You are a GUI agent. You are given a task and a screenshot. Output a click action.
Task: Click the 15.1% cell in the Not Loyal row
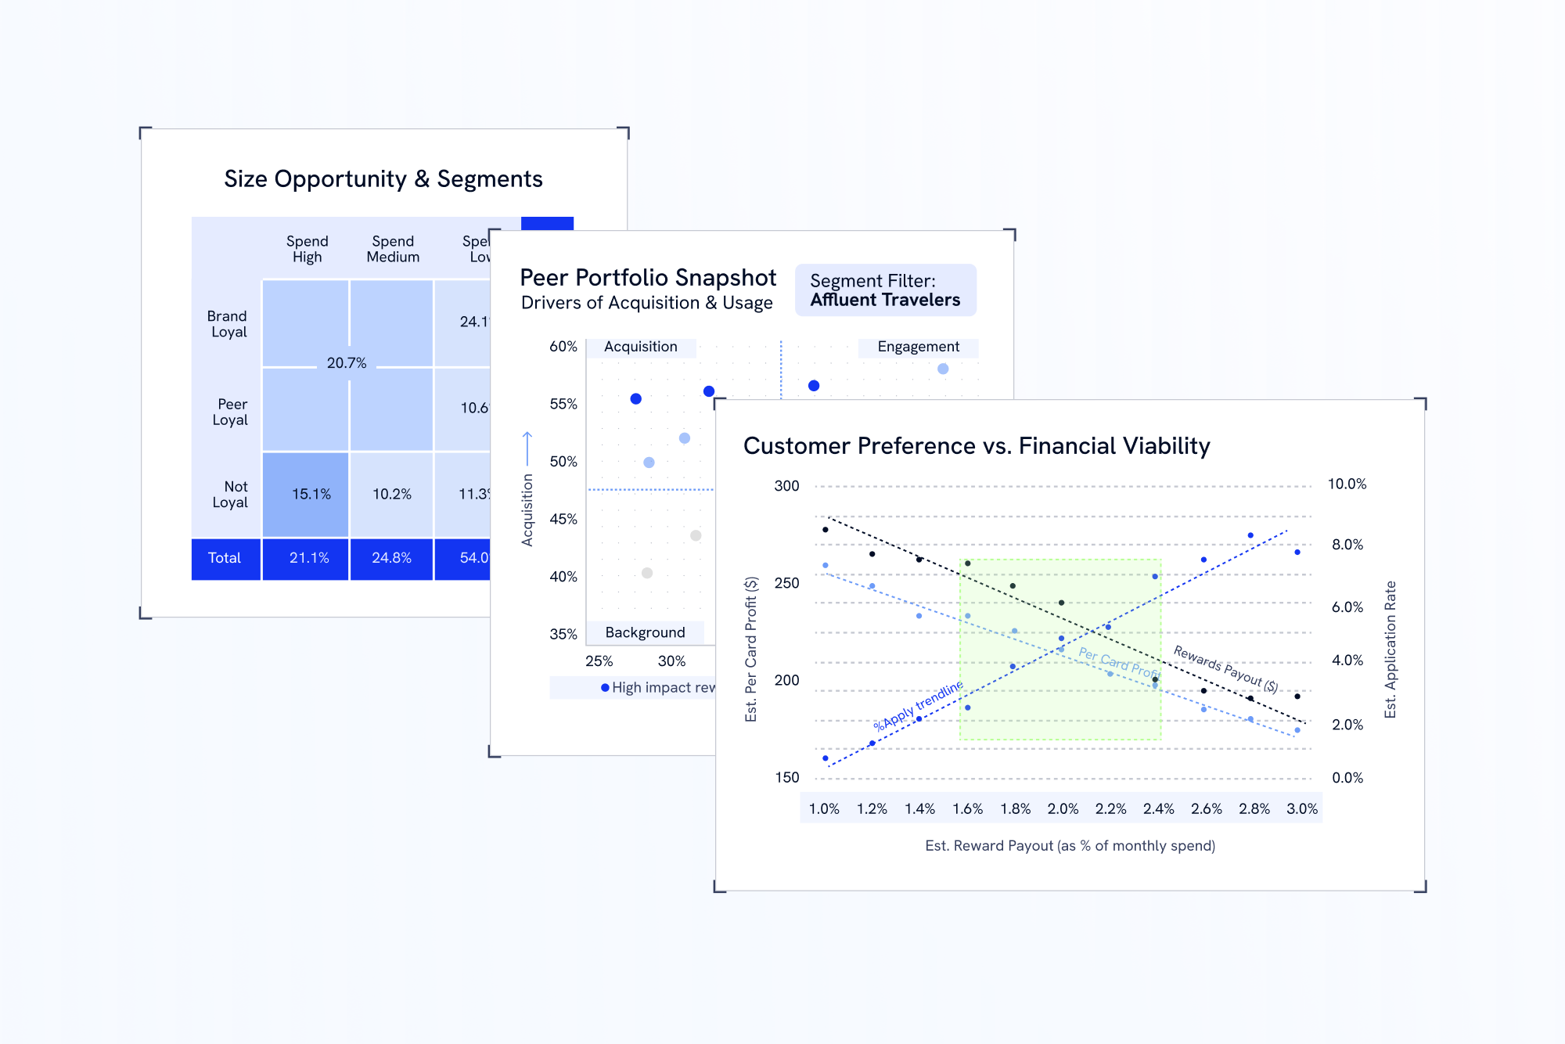click(311, 494)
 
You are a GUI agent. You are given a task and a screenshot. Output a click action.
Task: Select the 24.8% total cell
click(391, 558)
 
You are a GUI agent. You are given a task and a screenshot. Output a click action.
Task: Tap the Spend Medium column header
click(393, 249)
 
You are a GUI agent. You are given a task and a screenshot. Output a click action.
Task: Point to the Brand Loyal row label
click(228, 324)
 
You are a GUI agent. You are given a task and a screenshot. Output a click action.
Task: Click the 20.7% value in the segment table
click(347, 363)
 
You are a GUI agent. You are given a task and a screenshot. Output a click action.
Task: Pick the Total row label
click(225, 558)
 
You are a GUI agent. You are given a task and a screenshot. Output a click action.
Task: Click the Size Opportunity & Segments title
click(383, 179)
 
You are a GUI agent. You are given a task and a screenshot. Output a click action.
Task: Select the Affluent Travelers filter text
click(885, 300)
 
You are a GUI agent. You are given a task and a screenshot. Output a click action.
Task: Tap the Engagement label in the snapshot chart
click(918, 347)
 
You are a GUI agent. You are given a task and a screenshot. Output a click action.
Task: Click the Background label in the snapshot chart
click(645, 632)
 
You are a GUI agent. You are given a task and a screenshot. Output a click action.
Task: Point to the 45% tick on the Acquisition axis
click(563, 519)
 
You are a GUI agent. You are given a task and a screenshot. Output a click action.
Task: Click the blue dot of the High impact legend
click(605, 688)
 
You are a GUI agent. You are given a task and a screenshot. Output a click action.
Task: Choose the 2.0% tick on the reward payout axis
click(1063, 808)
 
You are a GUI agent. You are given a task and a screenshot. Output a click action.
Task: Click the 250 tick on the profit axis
click(786, 583)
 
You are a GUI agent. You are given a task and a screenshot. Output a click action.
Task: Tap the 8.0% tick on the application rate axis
click(1347, 545)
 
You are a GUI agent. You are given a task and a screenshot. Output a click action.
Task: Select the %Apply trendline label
click(919, 706)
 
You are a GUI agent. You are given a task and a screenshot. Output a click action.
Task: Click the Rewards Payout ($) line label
click(1225, 669)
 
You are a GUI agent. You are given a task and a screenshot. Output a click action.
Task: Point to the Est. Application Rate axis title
click(1391, 650)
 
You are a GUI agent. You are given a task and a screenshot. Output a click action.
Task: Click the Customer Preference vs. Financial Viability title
click(977, 446)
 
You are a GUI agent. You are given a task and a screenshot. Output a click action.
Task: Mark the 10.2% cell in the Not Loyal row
click(391, 494)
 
